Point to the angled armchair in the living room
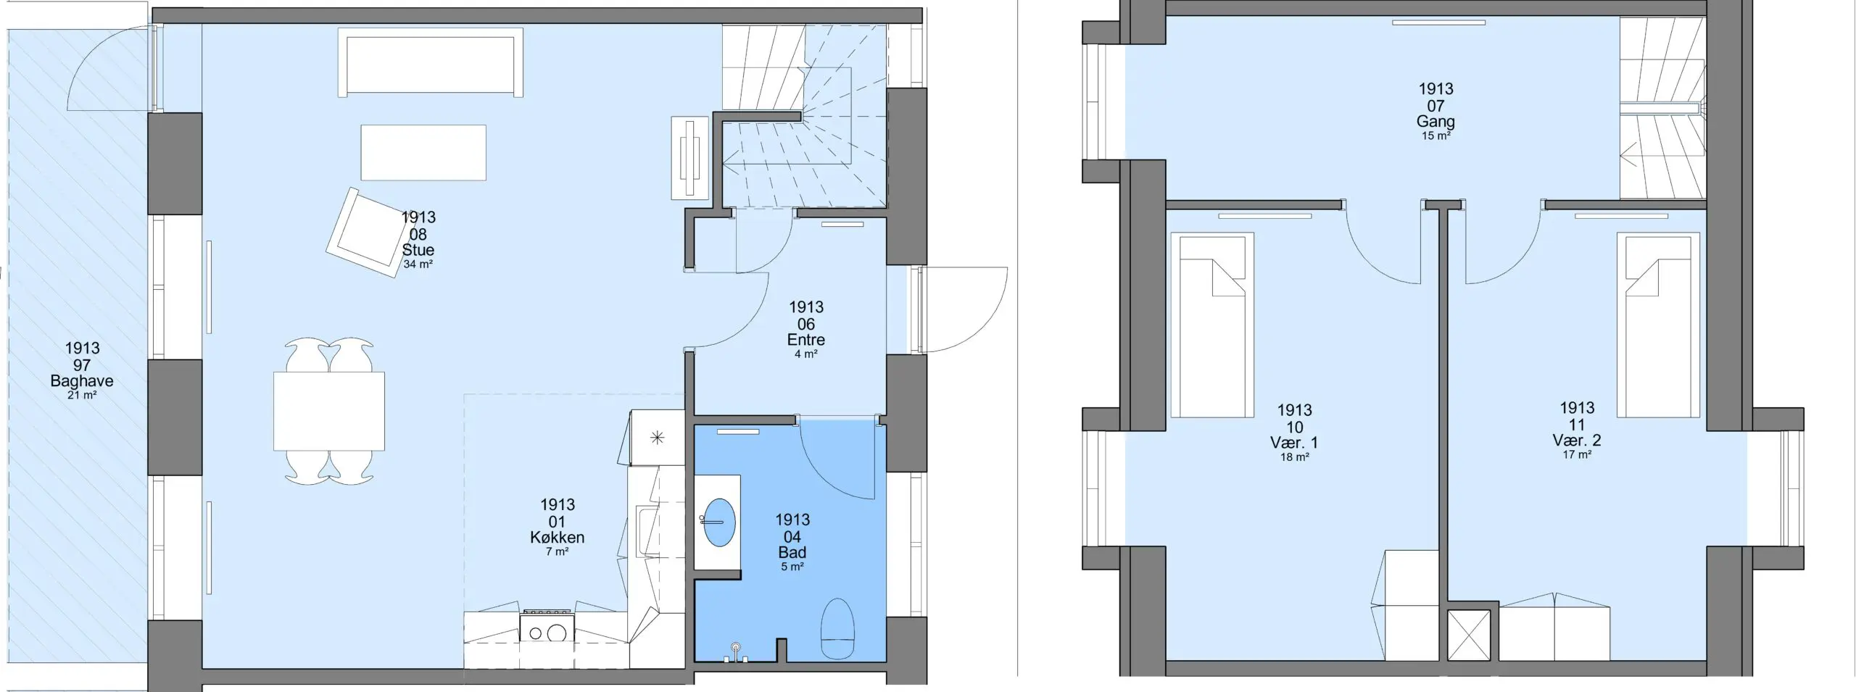coord(368,230)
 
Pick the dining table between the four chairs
coord(329,411)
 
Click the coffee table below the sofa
coord(423,152)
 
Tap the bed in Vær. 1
coord(1211,325)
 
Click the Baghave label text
coord(82,381)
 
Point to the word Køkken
coord(557,538)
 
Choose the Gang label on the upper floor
coord(1435,122)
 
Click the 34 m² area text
coord(418,264)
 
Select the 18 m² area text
coord(1295,457)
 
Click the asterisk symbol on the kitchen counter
coord(658,437)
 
